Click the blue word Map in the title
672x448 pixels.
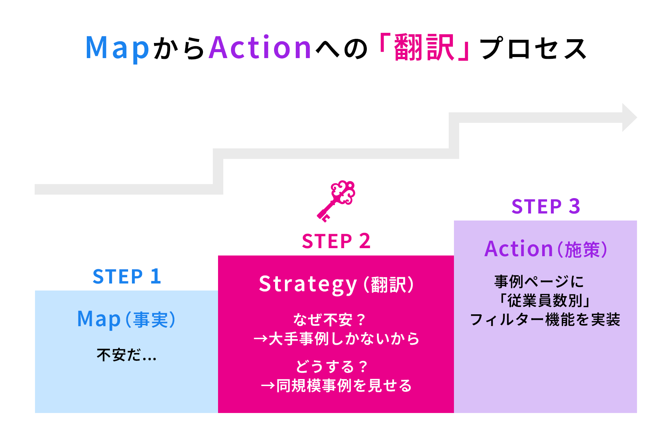point(117,48)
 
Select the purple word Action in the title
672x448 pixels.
point(260,48)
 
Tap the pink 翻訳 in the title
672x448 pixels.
point(424,48)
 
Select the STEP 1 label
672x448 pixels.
point(127,276)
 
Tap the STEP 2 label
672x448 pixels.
point(336,241)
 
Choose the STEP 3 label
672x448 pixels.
point(546,206)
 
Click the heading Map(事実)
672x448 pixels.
point(126,319)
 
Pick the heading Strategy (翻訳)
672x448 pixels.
point(336,284)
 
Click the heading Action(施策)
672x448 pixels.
point(546,249)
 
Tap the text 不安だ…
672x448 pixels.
point(126,355)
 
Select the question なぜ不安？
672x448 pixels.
point(329,320)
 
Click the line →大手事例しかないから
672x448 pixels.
point(336,339)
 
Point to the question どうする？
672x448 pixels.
point(331,367)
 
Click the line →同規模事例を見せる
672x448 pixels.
point(336,386)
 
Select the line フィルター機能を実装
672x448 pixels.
point(545,320)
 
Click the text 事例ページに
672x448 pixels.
point(539,281)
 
